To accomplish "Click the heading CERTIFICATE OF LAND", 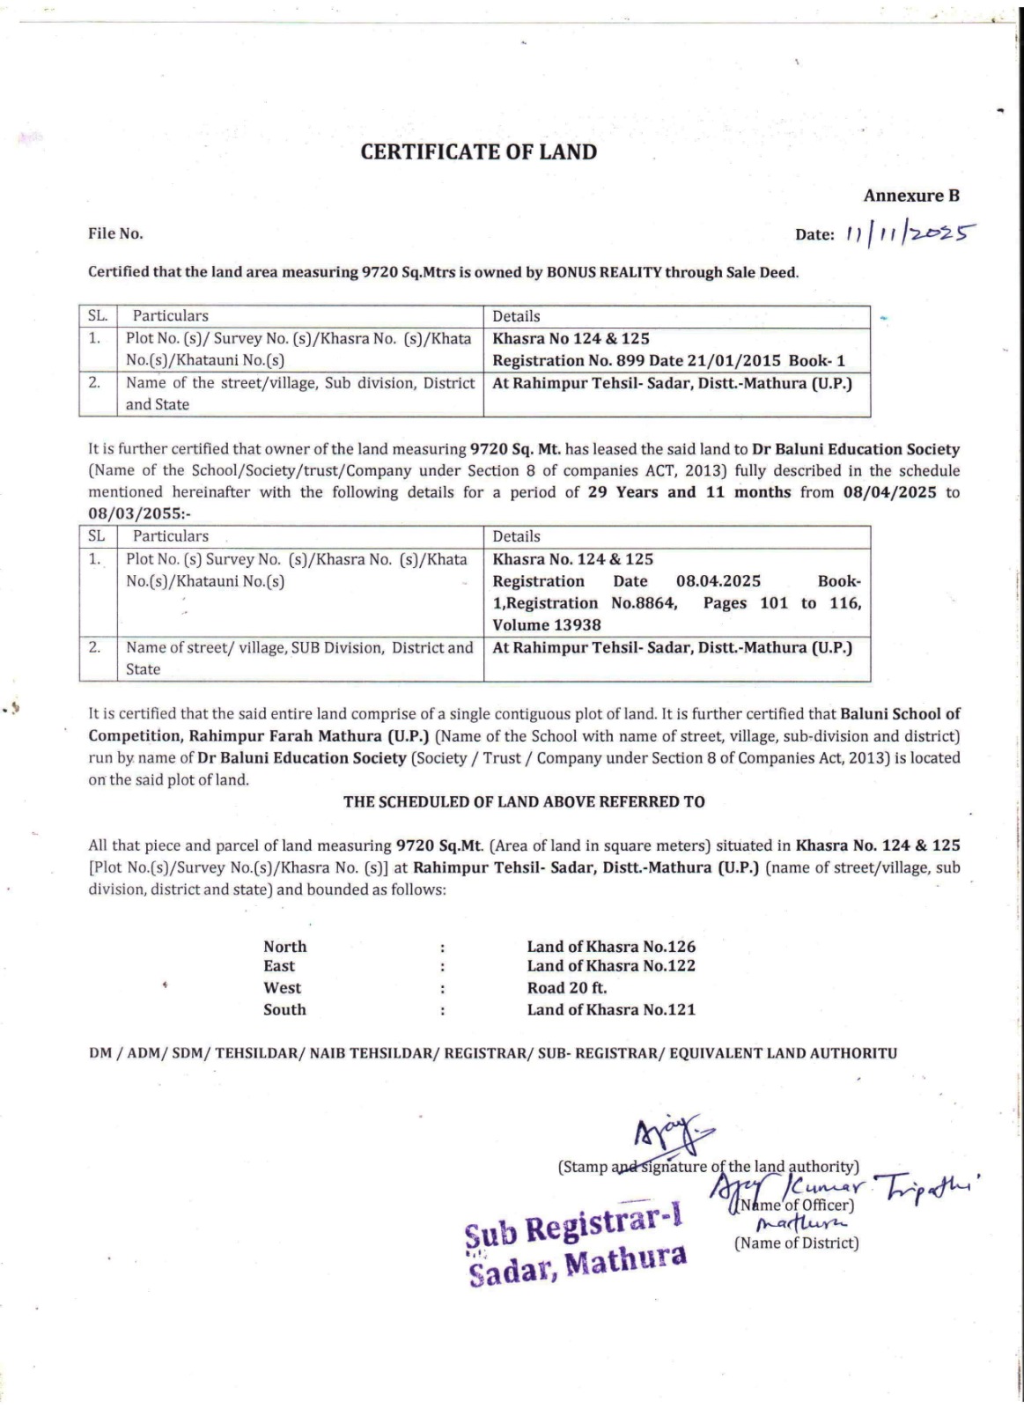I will (478, 152).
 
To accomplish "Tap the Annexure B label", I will (910, 195).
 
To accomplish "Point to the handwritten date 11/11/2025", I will (910, 233).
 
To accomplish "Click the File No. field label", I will (115, 233).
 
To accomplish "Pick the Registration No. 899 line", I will (668, 360).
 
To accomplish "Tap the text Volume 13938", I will (547, 625).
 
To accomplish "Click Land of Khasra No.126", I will (611, 947).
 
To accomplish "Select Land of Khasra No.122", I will (611, 966).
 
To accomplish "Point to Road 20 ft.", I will (567, 988).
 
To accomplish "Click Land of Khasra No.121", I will (611, 1010).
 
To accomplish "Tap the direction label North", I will (285, 947).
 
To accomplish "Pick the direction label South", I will (284, 1010).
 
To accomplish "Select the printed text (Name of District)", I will (796, 1243).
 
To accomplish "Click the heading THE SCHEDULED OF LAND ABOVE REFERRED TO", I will (524, 801).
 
